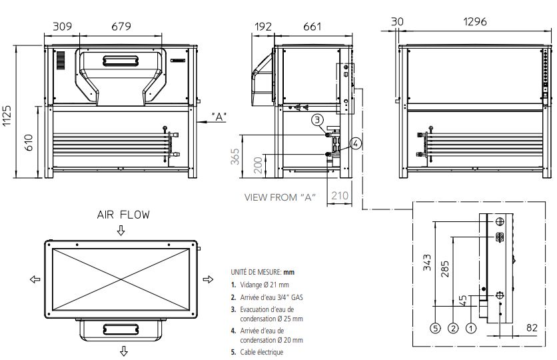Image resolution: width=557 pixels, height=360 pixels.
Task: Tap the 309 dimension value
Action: pyautogui.click(x=62, y=26)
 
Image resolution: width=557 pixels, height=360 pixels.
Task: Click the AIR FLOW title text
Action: pyautogui.click(x=123, y=215)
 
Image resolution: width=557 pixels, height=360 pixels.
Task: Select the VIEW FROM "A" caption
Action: pyautogui.click(x=279, y=197)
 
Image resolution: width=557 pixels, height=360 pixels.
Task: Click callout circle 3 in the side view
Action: pyautogui.click(x=319, y=120)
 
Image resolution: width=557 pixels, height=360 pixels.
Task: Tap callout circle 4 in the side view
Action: pyautogui.click(x=356, y=143)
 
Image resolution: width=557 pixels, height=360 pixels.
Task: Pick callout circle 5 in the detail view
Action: pyautogui.click(x=435, y=327)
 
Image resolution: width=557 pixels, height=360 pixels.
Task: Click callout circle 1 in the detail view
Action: pyautogui.click(x=472, y=327)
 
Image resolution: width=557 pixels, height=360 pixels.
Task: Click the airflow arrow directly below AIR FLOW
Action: pyautogui.click(x=121, y=231)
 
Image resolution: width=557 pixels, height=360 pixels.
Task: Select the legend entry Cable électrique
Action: pyautogui.click(x=263, y=352)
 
